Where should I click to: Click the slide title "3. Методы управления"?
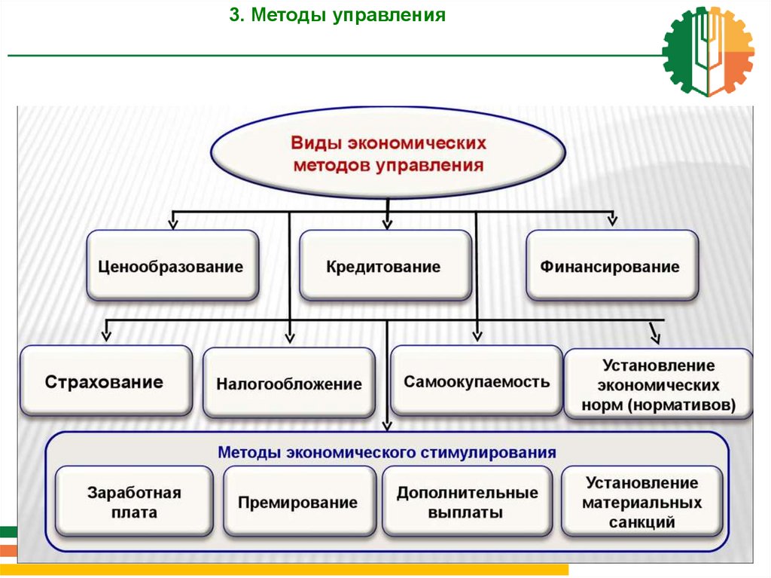(337, 15)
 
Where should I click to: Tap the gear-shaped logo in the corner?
(708, 51)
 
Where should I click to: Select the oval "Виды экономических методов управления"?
(388, 154)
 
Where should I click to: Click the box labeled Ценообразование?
(172, 266)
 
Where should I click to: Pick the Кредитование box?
(385, 266)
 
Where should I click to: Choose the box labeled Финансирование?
(611, 266)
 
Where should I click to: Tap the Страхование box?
(105, 381)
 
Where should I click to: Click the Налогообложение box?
(289, 384)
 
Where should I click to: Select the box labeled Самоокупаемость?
(477, 381)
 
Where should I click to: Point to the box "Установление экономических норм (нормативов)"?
(659, 385)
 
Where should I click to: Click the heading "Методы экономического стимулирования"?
(387, 453)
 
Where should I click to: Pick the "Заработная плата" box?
(134, 502)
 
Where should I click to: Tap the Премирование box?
(298, 502)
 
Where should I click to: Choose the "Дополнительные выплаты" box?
(468, 502)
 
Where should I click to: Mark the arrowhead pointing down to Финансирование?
(612, 220)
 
